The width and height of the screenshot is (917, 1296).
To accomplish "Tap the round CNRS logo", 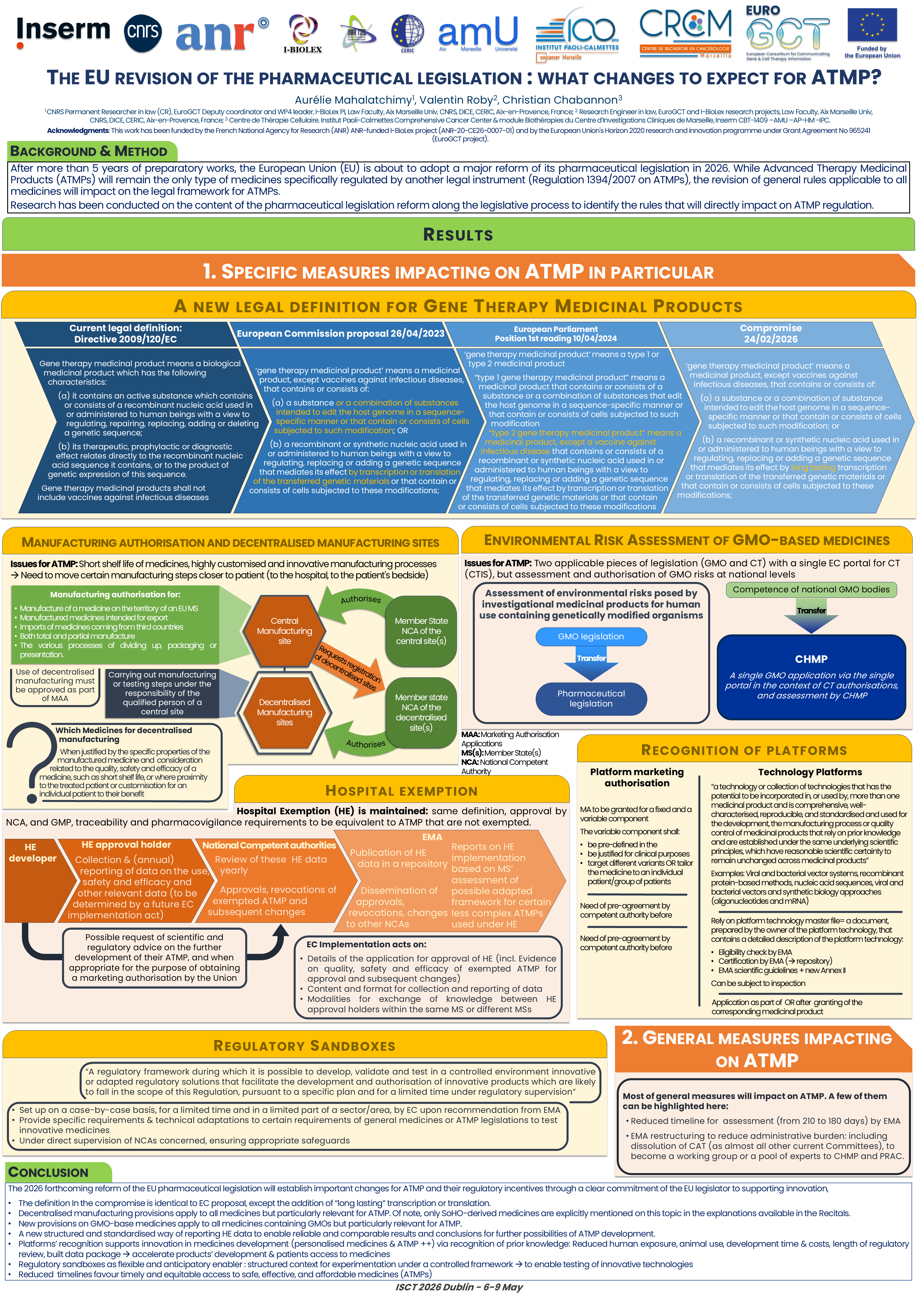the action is [143, 33].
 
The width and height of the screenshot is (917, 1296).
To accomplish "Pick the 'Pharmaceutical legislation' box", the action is [591, 698].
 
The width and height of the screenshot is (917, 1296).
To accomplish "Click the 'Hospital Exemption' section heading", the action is [402, 791].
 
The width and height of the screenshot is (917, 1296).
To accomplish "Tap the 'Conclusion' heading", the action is [48, 1172].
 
